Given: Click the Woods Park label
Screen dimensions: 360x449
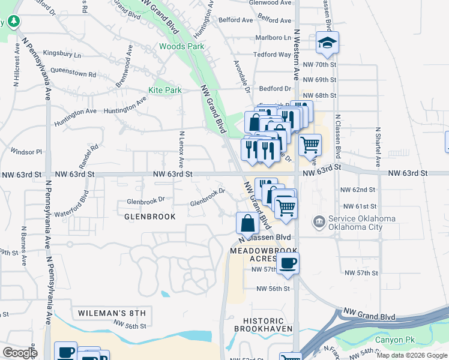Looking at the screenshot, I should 181,46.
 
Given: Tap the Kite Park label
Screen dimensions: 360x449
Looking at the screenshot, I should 165,91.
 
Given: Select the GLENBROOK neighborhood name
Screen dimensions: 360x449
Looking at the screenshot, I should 150,216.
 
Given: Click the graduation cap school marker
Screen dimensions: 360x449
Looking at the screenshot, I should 327,43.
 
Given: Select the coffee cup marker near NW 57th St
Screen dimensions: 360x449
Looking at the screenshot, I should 288,263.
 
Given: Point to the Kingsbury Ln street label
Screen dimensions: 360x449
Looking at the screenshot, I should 62,55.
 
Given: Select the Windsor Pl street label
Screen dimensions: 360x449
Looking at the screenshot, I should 26,152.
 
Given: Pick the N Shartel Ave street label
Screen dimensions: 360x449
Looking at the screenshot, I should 378,147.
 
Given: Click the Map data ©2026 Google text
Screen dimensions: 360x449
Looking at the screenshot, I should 412,355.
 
